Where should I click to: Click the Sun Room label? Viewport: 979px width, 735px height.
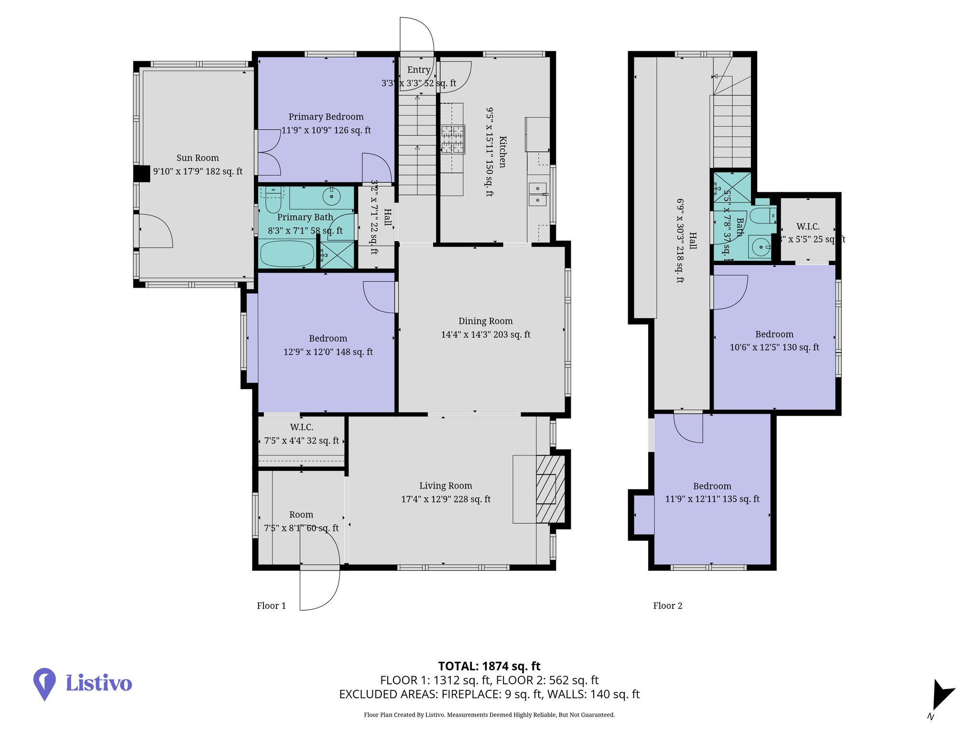[x=197, y=158]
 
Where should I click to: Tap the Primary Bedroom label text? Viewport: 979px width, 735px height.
[x=326, y=117]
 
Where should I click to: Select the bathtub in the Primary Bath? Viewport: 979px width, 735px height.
[x=286, y=254]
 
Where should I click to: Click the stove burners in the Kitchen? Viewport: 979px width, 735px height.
[x=453, y=139]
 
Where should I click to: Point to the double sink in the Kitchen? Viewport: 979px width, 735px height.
[x=538, y=194]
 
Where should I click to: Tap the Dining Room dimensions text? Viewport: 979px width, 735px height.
[x=485, y=334]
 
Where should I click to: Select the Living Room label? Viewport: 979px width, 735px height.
[x=446, y=486]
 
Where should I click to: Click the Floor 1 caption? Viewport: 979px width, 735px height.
[x=271, y=606]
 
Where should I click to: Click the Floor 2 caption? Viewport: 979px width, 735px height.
[x=667, y=606]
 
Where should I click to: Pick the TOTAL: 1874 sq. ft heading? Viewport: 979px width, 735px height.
[x=489, y=666]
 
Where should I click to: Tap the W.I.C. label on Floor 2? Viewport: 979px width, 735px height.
[x=808, y=226]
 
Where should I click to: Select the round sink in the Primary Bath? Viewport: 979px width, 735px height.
[x=331, y=196]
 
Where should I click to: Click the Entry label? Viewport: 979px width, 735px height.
[x=419, y=70]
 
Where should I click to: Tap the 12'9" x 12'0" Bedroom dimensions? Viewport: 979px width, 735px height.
[x=328, y=352]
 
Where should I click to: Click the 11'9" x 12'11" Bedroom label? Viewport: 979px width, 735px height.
[x=712, y=486]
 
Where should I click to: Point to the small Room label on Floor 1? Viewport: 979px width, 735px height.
[x=301, y=515]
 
